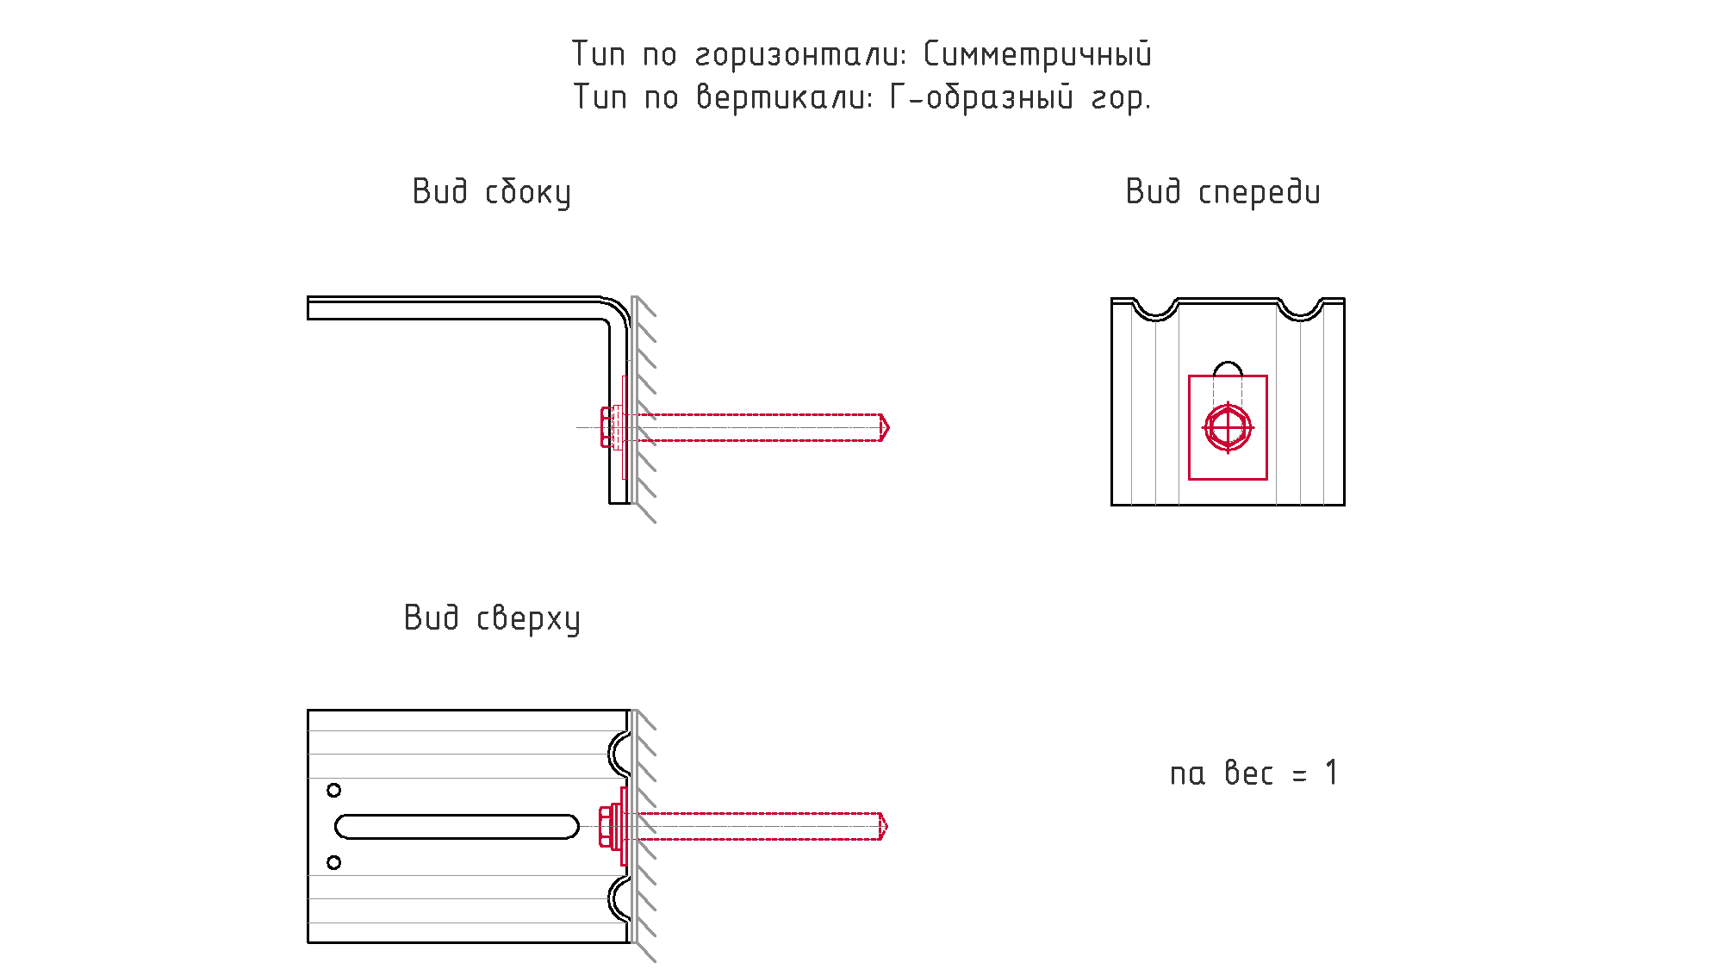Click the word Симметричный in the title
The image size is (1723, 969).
click(1037, 54)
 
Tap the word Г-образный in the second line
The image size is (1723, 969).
click(982, 97)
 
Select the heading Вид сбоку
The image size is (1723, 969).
click(491, 192)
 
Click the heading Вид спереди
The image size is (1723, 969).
click(1222, 192)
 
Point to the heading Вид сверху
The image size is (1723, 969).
click(492, 618)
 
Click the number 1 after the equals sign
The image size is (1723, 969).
click(1332, 773)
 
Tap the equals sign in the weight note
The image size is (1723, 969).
click(1299, 776)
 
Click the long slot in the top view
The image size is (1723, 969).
click(457, 827)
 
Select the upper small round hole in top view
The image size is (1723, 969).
click(334, 790)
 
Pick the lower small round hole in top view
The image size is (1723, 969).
click(334, 862)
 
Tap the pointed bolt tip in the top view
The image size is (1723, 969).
click(887, 827)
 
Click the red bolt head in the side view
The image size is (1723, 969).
click(606, 427)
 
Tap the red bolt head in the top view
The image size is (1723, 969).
click(605, 827)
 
